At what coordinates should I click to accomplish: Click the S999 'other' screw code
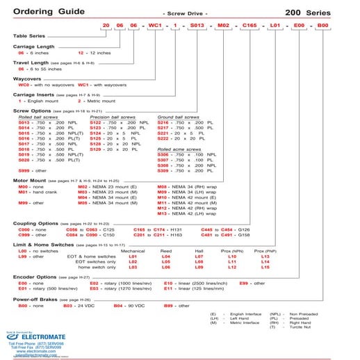click(24, 170)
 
